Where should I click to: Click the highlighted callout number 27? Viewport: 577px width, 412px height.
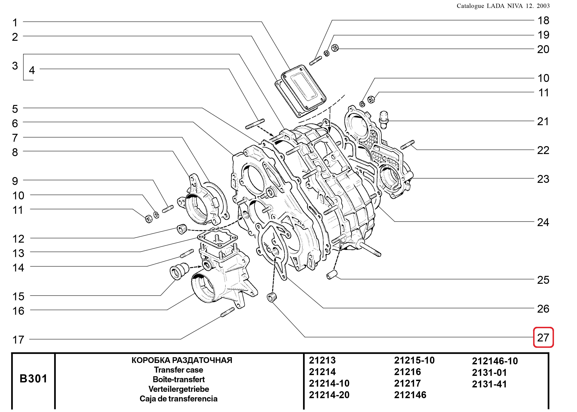pyautogui.click(x=543, y=337)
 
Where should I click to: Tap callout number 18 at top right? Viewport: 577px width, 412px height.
pyautogui.click(x=543, y=21)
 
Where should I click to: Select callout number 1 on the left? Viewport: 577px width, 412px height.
pyautogui.click(x=15, y=22)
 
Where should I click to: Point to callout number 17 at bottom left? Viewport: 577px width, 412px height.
pyautogui.click(x=18, y=340)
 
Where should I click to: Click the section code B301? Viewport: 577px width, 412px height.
pyautogui.click(x=33, y=379)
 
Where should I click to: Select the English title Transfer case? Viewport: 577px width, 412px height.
pyautogui.click(x=178, y=370)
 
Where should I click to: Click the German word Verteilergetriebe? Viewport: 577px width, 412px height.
pyautogui.click(x=178, y=389)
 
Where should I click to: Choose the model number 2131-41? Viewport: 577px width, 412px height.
pyautogui.click(x=489, y=384)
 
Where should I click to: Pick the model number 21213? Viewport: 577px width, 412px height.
pyautogui.click(x=322, y=360)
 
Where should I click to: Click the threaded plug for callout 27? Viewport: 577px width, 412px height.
pyautogui.click(x=272, y=297)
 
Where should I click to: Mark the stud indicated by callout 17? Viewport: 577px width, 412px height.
pyautogui.click(x=228, y=312)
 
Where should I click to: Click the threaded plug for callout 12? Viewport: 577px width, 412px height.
pyautogui.click(x=182, y=229)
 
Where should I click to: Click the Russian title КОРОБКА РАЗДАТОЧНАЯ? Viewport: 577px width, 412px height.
pyautogui.click(x=182, y=360)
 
